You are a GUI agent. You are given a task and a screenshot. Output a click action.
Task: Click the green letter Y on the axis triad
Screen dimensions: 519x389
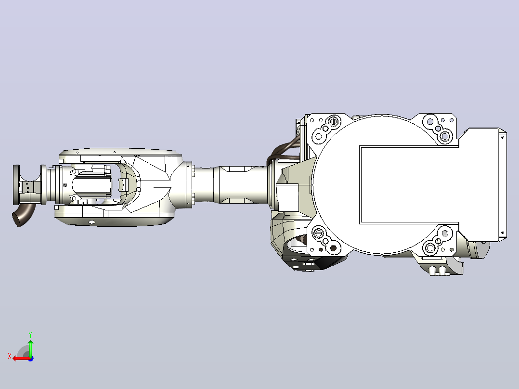(x=30, y=335)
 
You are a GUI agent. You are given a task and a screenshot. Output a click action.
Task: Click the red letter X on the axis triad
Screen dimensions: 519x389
(x=10, y=356)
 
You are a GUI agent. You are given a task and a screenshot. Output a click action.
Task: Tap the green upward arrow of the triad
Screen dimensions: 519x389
(x=30, y=348)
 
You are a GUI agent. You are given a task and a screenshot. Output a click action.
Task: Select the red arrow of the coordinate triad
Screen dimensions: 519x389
(x=22, y=359)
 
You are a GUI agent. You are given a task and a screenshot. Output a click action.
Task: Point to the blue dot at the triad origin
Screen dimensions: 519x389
(x=31, y=359)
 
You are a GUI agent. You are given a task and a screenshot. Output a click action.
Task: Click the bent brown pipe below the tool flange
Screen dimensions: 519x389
(x=23, y=215)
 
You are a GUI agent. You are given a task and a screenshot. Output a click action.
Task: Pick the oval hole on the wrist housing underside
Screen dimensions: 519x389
(x=91, y=222)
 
